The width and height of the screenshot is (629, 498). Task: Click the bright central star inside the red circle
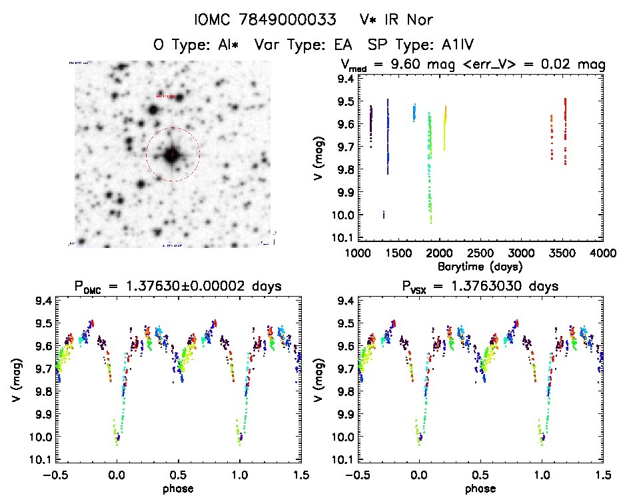pyautogui.click(x=173, y=155)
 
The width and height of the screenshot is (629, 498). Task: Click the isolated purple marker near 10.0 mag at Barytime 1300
pyautogui.click(x=383, y=215)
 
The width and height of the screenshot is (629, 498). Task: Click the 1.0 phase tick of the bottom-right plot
pyautogui.click(x=541, y=475)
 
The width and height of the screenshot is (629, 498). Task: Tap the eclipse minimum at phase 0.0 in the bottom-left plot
pyautogui.click(x=117, y=438)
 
